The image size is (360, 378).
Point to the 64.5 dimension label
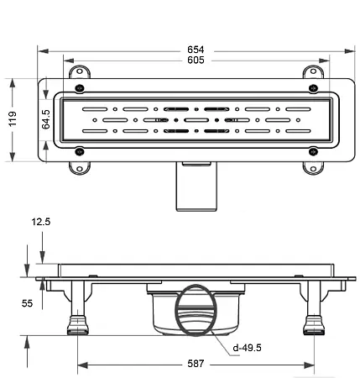click(x=48, y=119)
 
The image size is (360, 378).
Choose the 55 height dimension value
click(x=27, y=303)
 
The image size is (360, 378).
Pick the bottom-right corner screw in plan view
click(x=313, y=152)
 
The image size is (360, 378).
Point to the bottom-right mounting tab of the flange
click(x=314, y=166)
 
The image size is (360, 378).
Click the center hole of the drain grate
click(x=196, y=120)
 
